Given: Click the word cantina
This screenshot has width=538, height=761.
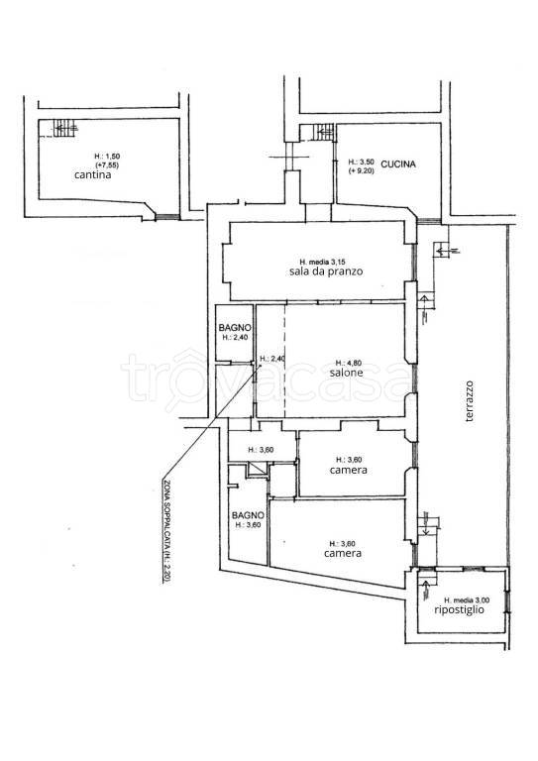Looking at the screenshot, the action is (92, 174).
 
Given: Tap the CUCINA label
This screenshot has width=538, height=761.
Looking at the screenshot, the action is (397, 164).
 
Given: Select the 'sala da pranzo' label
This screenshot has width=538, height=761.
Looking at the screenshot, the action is (326, 272).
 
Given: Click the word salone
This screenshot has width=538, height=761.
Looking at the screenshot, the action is (346, 373).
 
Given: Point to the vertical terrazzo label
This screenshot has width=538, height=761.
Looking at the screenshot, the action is (469, 401).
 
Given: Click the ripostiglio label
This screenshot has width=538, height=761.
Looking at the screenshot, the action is (459, 609).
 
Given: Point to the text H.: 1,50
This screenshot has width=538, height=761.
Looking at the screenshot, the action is (107, 157).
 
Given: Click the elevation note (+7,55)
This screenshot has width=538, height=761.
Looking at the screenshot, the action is (107, 165).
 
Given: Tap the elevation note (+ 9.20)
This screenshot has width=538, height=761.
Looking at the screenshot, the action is (361, 170).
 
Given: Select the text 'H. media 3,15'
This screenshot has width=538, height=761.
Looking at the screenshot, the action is (325, 262).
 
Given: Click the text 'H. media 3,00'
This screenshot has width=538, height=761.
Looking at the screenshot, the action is (467, 599).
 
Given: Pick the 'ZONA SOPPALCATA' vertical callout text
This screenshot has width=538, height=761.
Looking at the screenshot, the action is (165, 531).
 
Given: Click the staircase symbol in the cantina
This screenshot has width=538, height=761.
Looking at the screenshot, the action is (65, 128).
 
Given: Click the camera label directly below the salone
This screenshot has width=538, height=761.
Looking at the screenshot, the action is (349, 470).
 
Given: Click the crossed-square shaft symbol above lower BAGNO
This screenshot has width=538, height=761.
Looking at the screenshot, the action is (258, 470).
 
